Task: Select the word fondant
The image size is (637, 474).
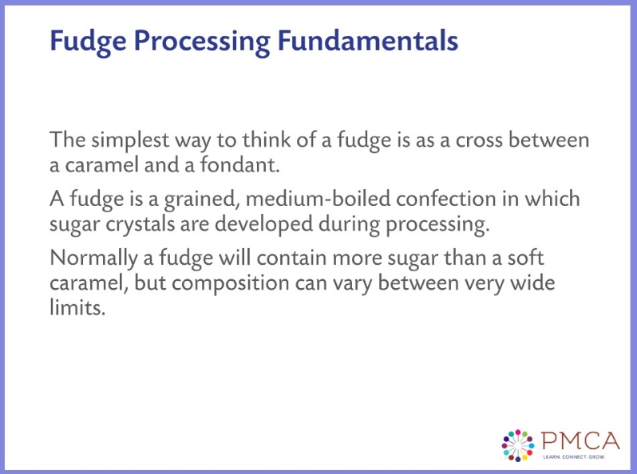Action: pos(260,166)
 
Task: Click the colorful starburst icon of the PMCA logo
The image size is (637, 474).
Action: pos(516,444)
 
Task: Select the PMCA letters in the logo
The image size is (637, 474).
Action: pos(579,440)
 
